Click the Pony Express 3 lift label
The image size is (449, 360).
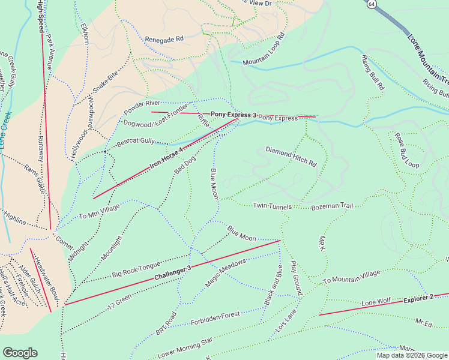click(x=234, y=114)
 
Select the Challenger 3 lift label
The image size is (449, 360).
click(x=172, y=273)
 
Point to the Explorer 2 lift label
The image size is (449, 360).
click(x=418, y=298)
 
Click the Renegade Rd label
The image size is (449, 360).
click(x=164, y=39)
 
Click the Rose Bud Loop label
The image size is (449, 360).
click(x=406, y=150)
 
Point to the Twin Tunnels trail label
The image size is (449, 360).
click(x=272, y=206)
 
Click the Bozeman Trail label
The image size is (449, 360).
click(x=333, y=206)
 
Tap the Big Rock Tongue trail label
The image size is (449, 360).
click(x=136, y=270)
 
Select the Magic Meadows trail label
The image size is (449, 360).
click(x=226, y=272)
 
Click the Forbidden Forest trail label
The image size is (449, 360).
click(x=215, y=314)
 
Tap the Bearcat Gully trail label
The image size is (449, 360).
click(x=136, y=141)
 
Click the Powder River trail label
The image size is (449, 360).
click(x=141, y=107)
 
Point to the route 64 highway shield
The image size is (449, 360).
click(x=372, y=4)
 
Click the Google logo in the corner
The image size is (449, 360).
click(x=20, y=353)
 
